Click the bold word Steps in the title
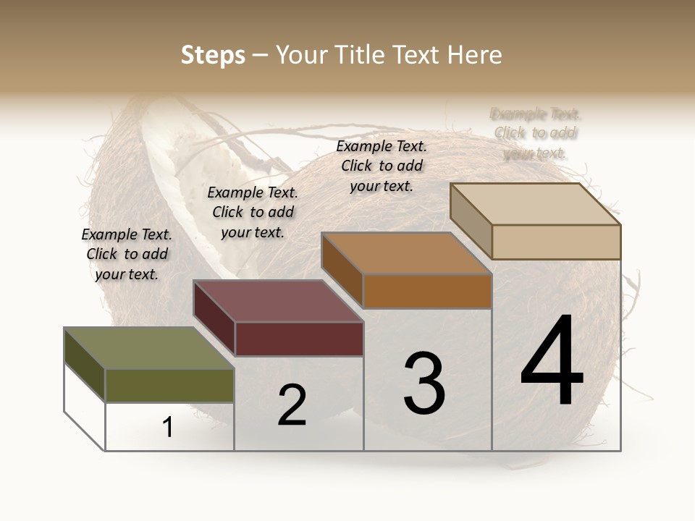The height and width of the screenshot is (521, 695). click(x=213, y=55)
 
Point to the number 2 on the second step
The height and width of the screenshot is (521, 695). click(x=292, y=405)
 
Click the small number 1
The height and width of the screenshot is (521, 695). click(x=168, y=428)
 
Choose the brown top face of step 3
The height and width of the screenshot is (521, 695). click(x=406, y=253)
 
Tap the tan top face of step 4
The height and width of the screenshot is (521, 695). click(x=535, y=204)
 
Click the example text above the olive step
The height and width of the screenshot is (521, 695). click(x=127, y=254)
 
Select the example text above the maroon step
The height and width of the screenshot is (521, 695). click(x=253, y=212)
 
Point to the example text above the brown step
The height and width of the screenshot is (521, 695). click(x=382, y=166)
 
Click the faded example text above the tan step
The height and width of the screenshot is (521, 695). click(x=535, y=133)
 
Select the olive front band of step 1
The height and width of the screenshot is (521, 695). click(x=169, y=385)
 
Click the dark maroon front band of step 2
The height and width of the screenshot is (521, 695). click(x=299, y=339)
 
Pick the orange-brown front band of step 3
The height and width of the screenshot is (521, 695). click(x=427, y=291)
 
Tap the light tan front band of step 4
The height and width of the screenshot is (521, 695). click(x=556, y=242)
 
